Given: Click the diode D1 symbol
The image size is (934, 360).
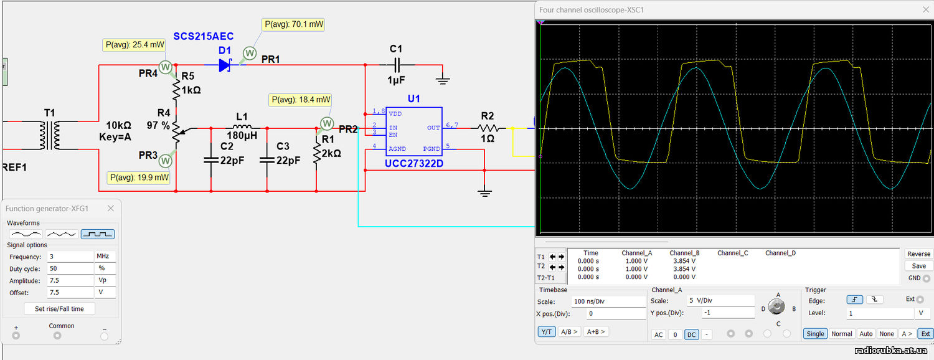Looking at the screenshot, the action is tap(225, 65).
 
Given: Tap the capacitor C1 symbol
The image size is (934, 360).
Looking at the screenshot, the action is tap(397, 65).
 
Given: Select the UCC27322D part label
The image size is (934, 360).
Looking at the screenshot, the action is tap(413, 164).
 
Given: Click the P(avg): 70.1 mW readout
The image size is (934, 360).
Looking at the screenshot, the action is tap(294, 24).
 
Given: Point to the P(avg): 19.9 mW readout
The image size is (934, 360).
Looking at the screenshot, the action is tap(139, 178).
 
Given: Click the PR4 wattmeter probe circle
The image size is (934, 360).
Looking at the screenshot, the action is tap(165, 67).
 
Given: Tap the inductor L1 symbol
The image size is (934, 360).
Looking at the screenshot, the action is tap(242, 127).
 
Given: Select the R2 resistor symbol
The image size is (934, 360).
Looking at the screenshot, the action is tap(488, 128).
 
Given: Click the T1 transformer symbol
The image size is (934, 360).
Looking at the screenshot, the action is tap(50, 135).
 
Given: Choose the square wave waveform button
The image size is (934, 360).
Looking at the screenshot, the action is tap(98, 234).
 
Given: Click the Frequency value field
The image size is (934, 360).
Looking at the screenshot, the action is tap(70, 257).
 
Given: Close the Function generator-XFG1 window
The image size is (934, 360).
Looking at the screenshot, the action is tap(110, 208).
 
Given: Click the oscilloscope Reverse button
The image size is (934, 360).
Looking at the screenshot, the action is tap(918, 253).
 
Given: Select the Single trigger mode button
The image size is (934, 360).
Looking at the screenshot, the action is tap(815, 334).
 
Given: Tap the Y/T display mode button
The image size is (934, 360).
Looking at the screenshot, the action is tap(546, 331).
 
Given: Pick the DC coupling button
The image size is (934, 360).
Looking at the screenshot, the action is tap(691, 334).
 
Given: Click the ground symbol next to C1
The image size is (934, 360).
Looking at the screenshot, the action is tap(443, 80).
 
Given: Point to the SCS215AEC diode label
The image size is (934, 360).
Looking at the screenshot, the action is tap(204, 36).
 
